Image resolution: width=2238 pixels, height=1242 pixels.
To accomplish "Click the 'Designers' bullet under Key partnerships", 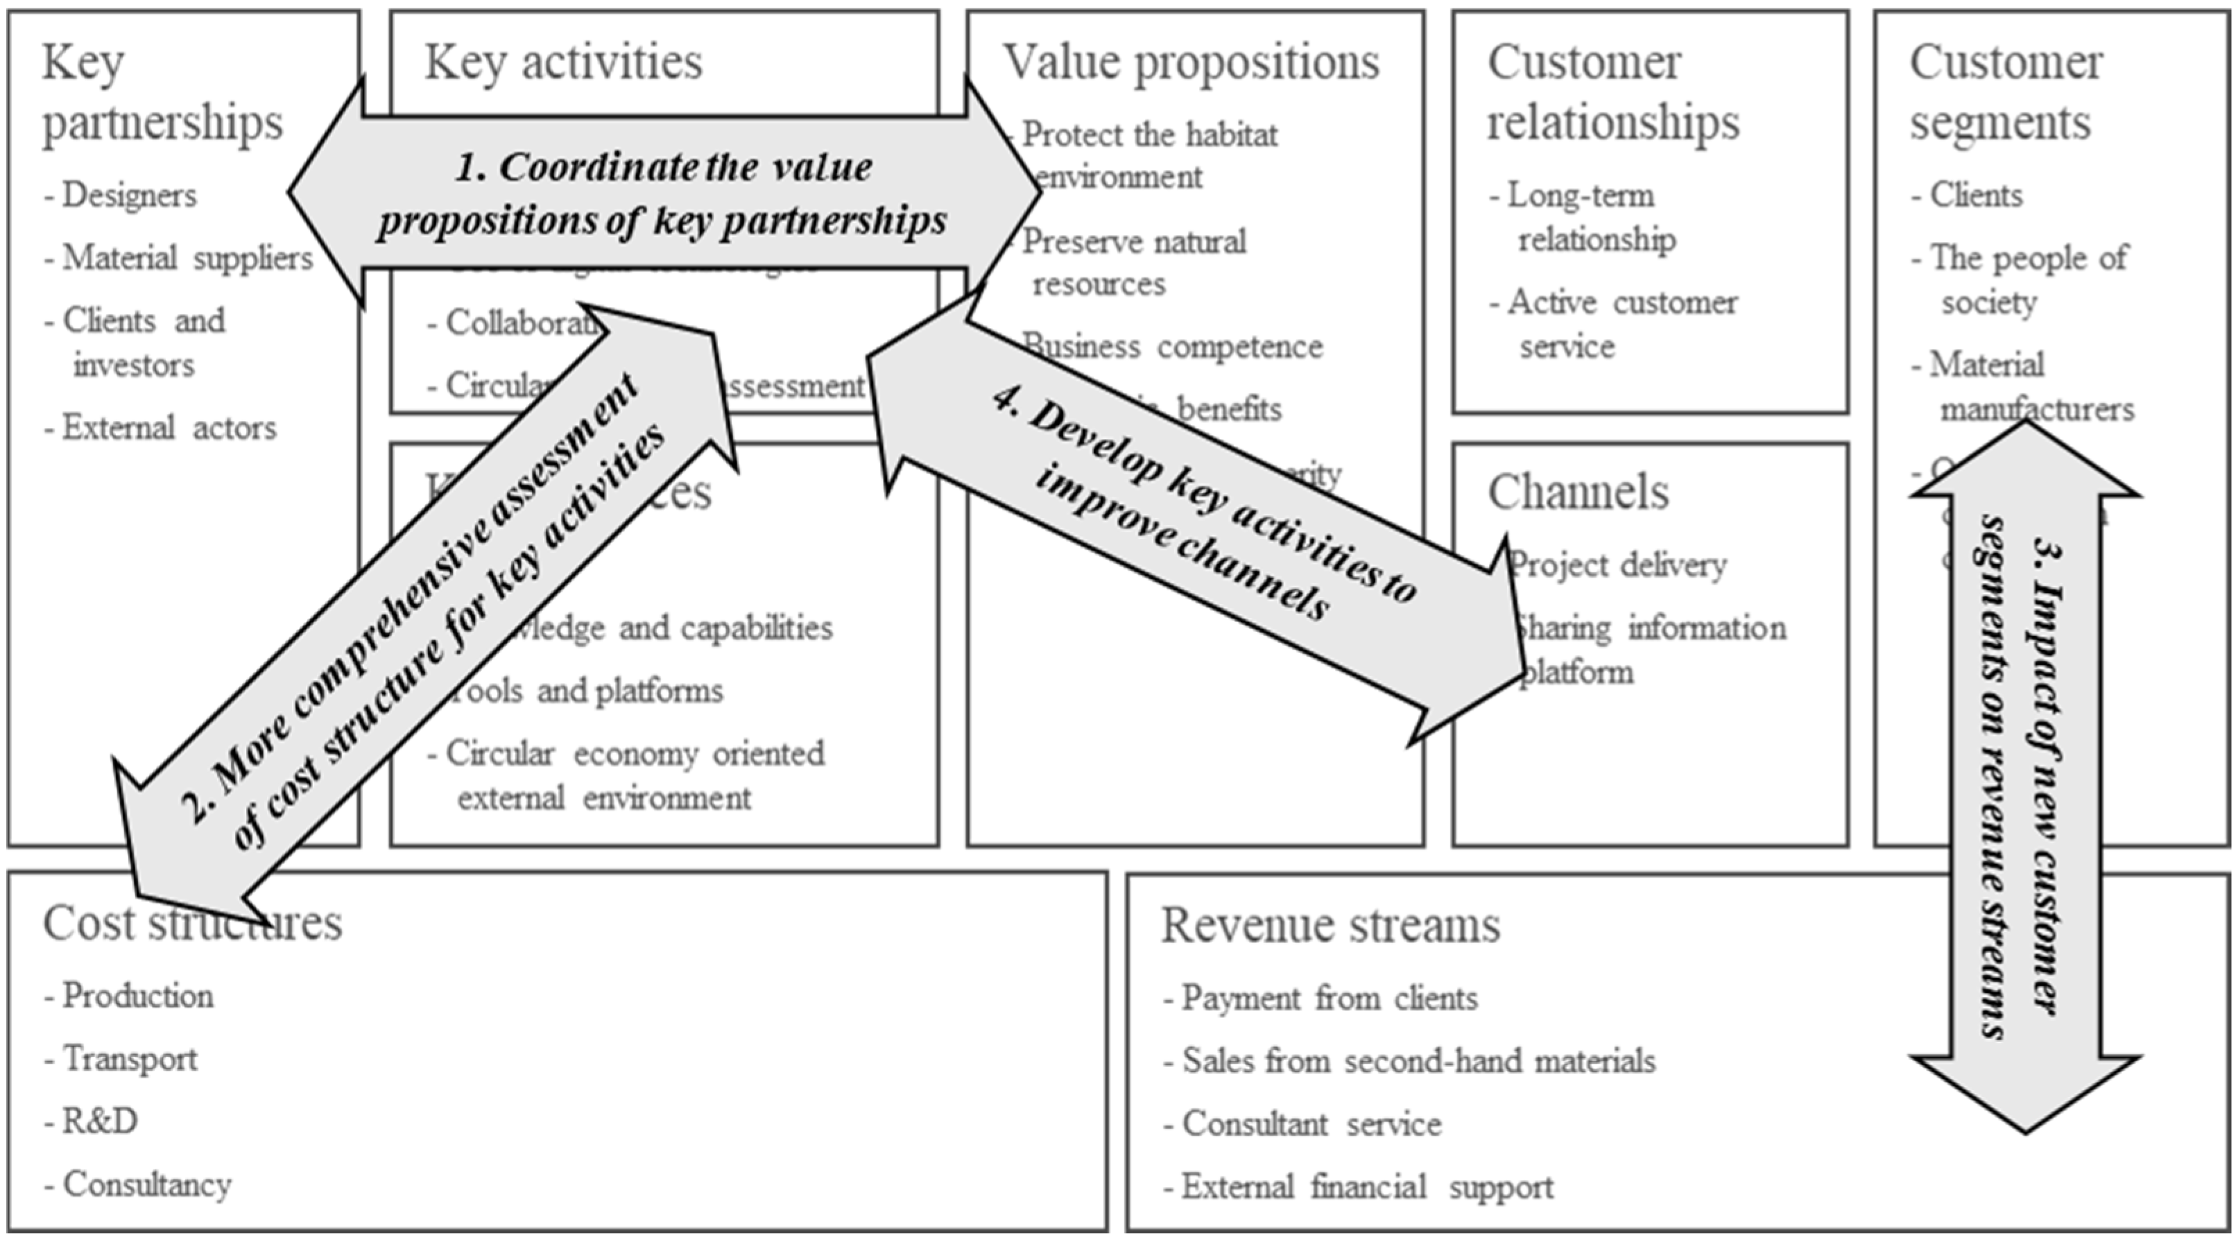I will pos(128,196).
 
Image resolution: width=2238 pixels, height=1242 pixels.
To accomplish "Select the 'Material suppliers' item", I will pos(187,258).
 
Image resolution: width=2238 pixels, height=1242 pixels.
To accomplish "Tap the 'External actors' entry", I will pos(169,428).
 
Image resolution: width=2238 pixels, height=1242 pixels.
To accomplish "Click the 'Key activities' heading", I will pos(563,62).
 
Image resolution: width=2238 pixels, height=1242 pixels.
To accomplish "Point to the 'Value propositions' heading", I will pos(1191,62).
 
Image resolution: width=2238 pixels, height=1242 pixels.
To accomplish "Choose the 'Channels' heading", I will pos(1578,492).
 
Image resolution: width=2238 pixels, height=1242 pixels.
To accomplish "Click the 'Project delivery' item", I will pos(1618,565).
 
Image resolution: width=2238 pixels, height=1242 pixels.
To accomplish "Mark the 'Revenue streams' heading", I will pos(1330,925).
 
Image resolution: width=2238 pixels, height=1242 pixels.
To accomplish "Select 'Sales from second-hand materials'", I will pos(1418,1061).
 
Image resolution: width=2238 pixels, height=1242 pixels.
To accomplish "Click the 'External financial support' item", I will pos(1367,1187).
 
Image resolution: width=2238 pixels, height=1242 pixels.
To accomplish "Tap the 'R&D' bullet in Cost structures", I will pos(99,1122).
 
